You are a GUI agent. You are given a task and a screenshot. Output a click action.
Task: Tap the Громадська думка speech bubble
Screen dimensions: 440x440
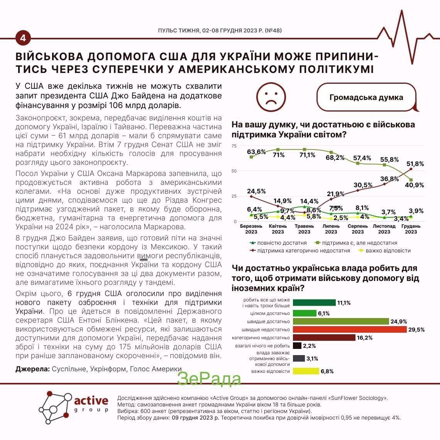[x=366, y=97]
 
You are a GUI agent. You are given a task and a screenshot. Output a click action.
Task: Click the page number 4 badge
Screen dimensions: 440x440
[x=23, y=38]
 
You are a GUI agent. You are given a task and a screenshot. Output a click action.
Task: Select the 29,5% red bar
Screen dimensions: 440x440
[x=350, y=330]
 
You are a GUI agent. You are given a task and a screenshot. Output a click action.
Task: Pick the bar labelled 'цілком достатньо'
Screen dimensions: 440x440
[x=305, y=313]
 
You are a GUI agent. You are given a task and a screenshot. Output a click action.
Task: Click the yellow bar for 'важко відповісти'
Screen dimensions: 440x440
[x=306, y=371]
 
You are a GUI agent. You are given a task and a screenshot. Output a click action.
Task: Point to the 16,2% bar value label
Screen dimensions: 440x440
[x=365, y=338]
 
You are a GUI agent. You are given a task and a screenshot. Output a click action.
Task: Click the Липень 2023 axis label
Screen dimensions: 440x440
[x=331, y=229]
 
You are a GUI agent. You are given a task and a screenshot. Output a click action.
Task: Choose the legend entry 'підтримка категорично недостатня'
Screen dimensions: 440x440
[x=300, y=250]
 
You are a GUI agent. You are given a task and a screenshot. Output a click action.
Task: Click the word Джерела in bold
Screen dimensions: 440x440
[x=32, y=369]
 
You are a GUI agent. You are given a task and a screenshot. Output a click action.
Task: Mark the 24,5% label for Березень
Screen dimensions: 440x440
[x=256, y=191]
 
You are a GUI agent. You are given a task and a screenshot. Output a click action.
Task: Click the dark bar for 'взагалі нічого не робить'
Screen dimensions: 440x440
[x=297, y=346]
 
